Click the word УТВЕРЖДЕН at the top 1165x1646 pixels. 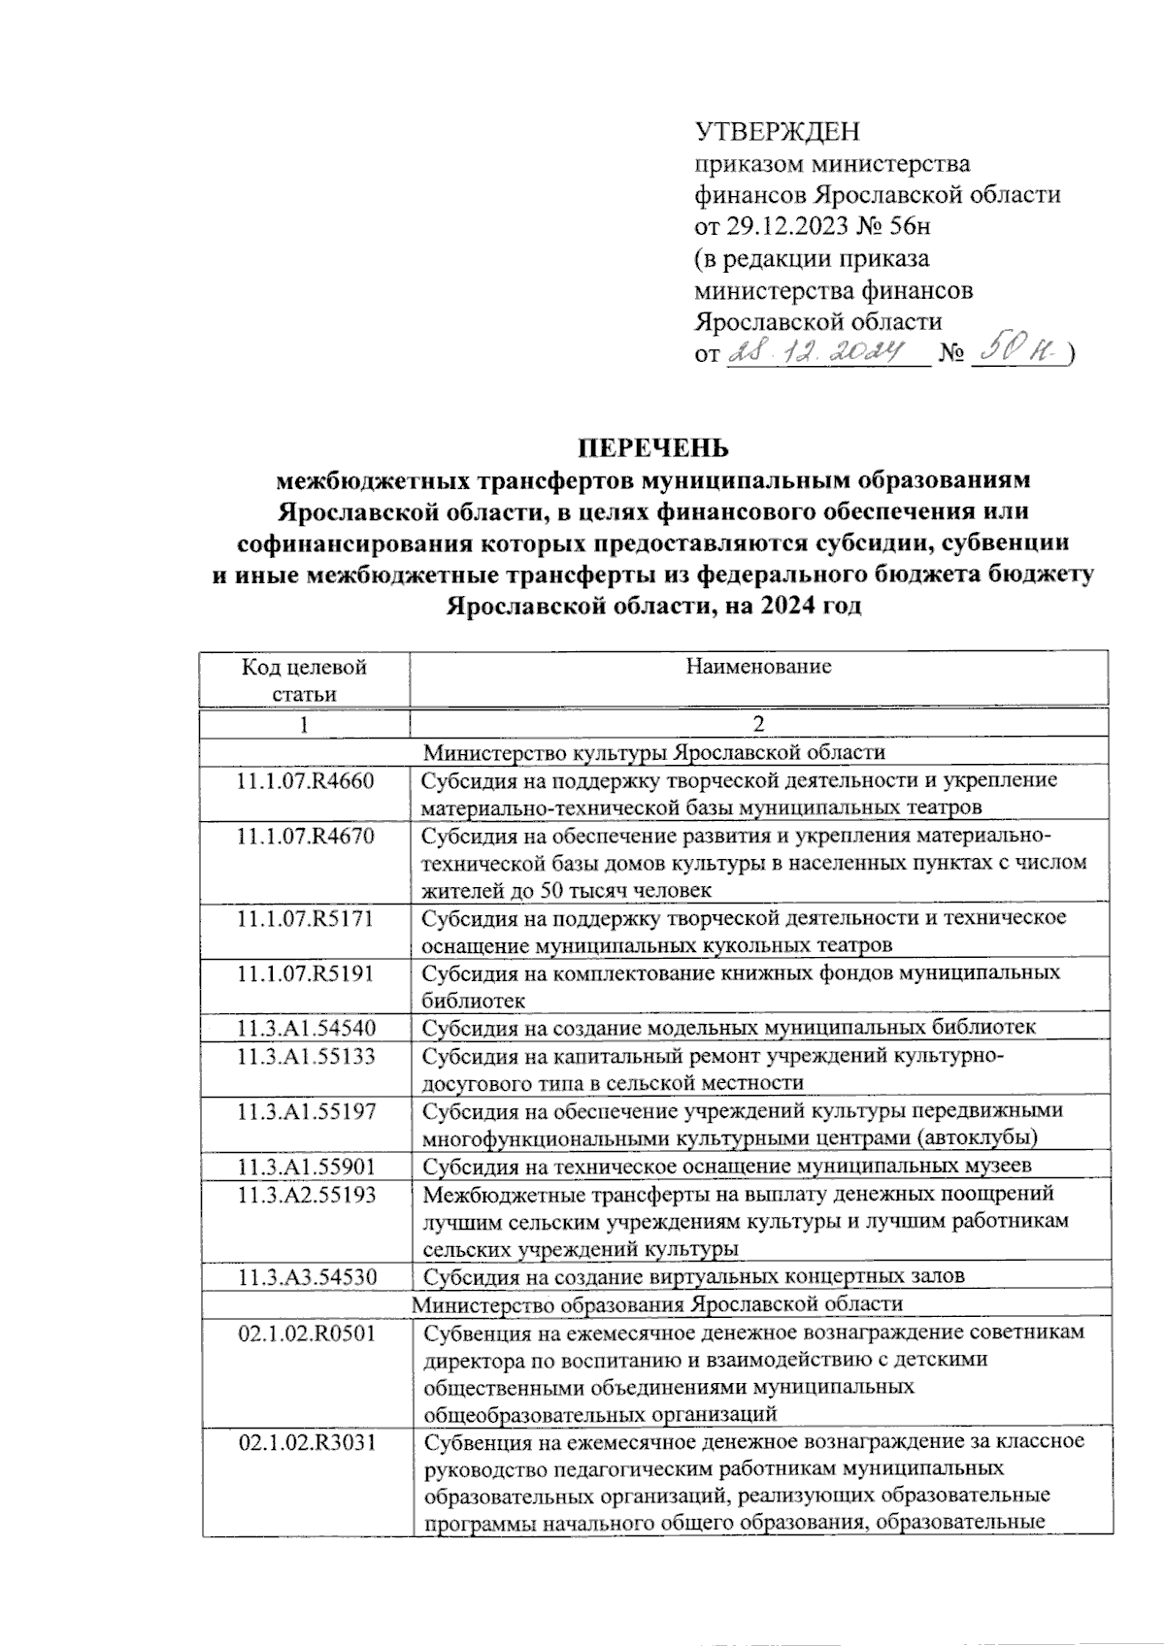(777, 131)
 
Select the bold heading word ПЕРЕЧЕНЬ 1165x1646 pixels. (652, 447)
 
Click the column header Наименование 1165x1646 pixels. (758, 667)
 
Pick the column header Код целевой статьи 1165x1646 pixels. (305, 679)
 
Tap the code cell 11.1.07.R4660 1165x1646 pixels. (305, 780)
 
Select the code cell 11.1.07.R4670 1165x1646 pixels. (305, 836)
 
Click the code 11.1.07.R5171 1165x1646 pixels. (305, 917)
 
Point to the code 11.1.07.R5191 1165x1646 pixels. (305, 972)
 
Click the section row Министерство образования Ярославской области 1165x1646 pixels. (657, 1303)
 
